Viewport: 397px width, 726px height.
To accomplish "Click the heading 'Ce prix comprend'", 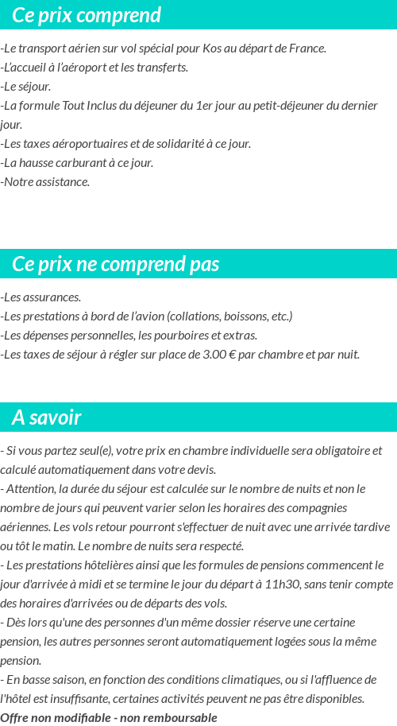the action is [87, 15].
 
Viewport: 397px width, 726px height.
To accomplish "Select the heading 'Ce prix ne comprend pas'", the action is [116, 264].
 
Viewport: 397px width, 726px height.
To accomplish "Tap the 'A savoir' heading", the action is [47, 417].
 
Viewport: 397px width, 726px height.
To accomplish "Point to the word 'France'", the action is [306, 49].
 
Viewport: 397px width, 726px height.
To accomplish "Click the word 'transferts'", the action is [162, 68].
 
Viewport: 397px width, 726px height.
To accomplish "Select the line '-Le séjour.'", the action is [25, 87].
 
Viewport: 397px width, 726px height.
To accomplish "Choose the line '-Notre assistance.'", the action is [45, 182].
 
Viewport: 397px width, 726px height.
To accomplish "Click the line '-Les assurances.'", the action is [40, 297].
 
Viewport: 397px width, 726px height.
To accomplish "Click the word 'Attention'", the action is [33, 489].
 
